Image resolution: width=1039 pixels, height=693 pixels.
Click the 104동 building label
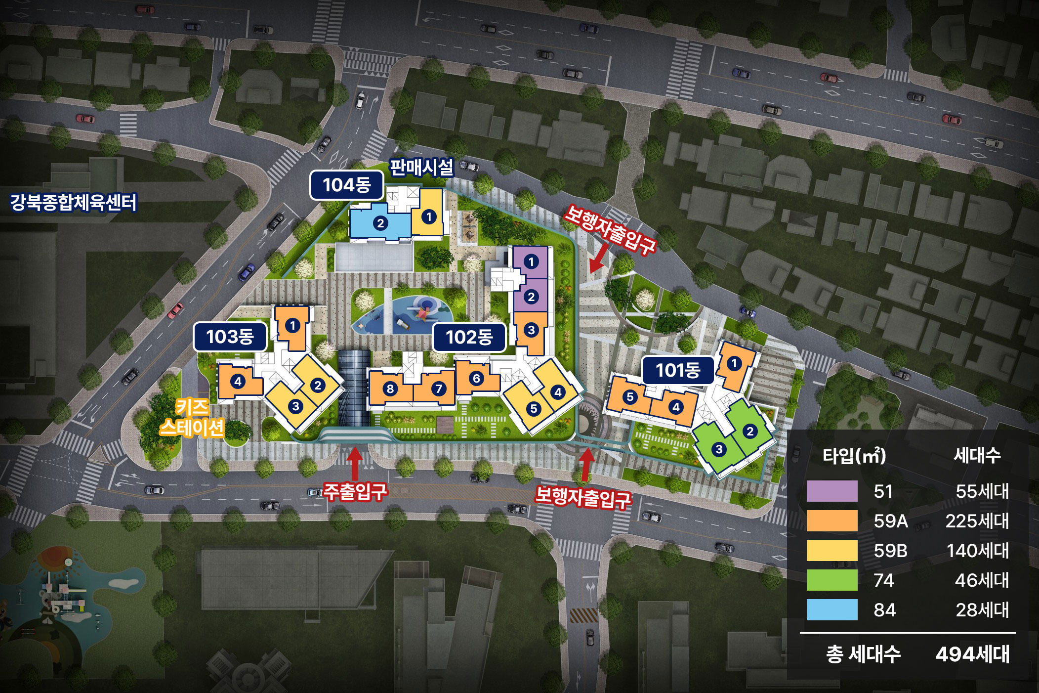pyautogui.click(x=346, y=185)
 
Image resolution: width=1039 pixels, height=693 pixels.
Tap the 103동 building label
pyautogui.click(x=230, y=337)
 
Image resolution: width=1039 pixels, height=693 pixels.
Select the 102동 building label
pyautogui.click(x=469, y=337)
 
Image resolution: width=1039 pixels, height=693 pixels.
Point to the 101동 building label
pyautogui.click(x=678, y=370)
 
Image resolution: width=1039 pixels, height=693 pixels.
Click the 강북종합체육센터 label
pyautogui.click(x=73, y=202)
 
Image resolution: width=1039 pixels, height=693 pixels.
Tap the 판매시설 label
pyautogui.click(x=421, y=167)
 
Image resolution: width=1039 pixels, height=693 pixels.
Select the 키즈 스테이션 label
pyautogui.click(x=192, y=418)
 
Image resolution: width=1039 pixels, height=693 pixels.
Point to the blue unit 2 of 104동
pyautogui.click(x=380, y=223)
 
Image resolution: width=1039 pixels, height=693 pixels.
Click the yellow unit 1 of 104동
pyautogui.click(x=428, y=217)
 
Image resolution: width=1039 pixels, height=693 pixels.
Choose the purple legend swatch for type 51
pyautogui.click(x=832, y=491)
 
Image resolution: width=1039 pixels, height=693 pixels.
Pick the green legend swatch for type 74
pyautogui.click(x=832, y=580)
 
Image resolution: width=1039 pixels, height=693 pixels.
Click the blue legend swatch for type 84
pyautogui.click(x=832, y=609)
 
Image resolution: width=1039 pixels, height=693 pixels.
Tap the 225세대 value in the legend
pyautogui.click(x=977, y=521)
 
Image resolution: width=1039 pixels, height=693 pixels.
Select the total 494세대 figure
pyautogui.click(x=972, y=654)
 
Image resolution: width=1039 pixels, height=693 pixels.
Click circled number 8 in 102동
pyautogui.click(x=390, y=389)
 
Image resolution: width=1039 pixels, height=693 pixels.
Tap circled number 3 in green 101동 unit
pyautogui.click(x=719, y=449)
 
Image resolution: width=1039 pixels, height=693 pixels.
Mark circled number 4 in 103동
pyautogui.click(x=238, y=382)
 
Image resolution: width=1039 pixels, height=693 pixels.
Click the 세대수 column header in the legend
pyautogui.click(x=977, y=455)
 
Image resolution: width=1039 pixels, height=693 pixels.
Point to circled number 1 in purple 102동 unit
pyautogui.click(x=531, y=261)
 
